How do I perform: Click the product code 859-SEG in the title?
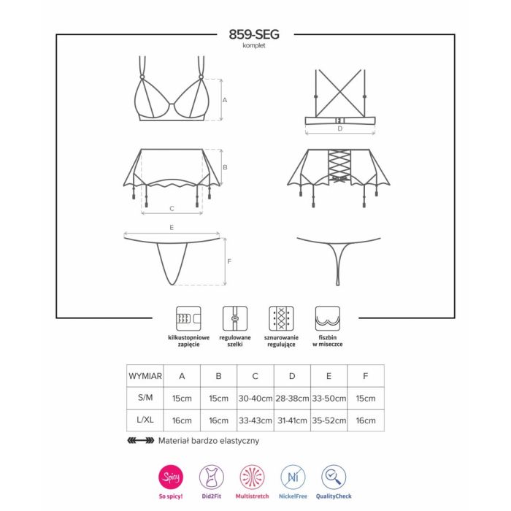pos(254,34)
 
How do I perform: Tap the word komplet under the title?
pos(254,45)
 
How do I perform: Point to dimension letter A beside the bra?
pos(225,100)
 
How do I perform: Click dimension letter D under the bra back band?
pos(340,128)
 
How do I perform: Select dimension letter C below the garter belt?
pos(172,209)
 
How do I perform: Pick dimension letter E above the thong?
pos(172,228)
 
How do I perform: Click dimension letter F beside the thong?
pos(229,261)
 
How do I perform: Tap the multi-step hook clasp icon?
pos(188,318)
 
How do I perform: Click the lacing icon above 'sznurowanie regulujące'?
pos(281,318)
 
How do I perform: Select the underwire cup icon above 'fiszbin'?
pos(328,318)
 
